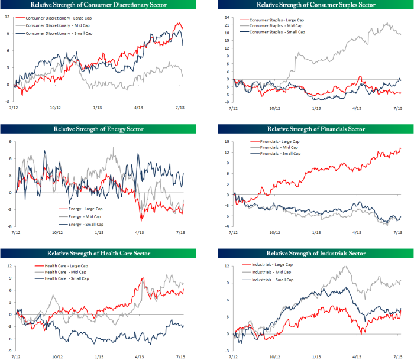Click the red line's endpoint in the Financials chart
pyautogui.click(x=400, y=148)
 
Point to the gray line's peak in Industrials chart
pyautogui.click(x=344, y=266)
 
